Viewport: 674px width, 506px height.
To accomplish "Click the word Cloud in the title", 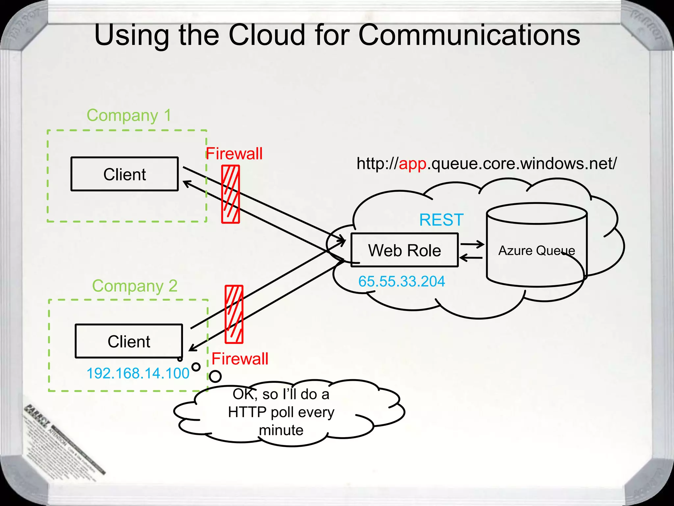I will pyautogui.click(x=267, y=35).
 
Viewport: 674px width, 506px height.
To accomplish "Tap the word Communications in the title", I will pyautogui.click(x=469, y=35).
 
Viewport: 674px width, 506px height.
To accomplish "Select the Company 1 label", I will pyautogui.click(x=129, y=115).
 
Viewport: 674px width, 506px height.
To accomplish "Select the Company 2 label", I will pyautogui.click(x=135, y=286).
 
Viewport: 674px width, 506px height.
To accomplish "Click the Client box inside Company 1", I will pyautogui.click(x=124, y=174).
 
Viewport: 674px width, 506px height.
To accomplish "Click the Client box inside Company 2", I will pyautogui.click(x=129, y=341).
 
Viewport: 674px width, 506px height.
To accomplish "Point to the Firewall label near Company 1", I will pyautogui.click(x=234, y=154).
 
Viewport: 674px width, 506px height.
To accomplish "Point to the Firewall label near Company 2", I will pyautogui.click(x=240, y=358).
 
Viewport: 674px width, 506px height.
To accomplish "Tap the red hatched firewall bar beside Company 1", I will pyautogui.click(x=230, y=194).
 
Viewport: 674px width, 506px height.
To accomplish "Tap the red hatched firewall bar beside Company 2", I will pyautogui.click(x=234, y=314).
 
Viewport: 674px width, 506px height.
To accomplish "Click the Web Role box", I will pyautogui.click(x=404, y=250).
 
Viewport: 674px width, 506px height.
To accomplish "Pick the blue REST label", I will pyautogui.click(x=441, y=220).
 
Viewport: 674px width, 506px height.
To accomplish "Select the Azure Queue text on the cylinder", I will pyautogui.click(x=536, y=251).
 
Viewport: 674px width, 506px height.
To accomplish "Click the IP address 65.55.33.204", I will pyautogui.click(x=402, y=281).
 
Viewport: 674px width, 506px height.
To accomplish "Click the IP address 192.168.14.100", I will pyautogui.click(x=138, y=373).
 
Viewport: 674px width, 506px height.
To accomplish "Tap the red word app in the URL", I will pyautogui.click(x=413, y=163).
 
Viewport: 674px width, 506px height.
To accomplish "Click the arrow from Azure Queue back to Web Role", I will pyautogui.click(x=471, y=258).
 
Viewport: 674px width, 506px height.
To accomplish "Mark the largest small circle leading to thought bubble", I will pyautogui.click(x=215, y=376).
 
